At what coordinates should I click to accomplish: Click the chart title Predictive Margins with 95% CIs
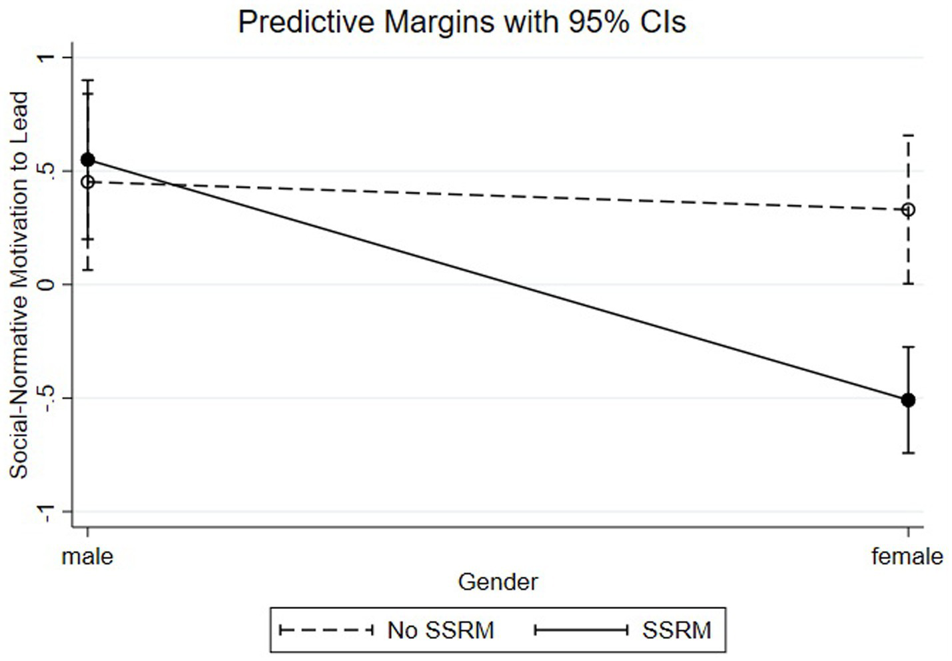pyautogui.click(x=462, y=21)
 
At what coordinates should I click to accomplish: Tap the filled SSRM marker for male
pyautogui.click(x=87, y=160)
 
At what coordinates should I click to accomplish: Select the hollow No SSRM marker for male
pyautogui.click(x=87, y=182)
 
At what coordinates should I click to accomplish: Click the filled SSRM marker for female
pyautogui.click(x=907, y=400)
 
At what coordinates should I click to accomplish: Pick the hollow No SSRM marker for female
pyautogui.click(x=907, y=210)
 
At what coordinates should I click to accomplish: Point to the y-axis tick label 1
pyautogui.click(x=45, y=58)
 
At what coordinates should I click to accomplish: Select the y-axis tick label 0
pyautogui.click(x=45, y=285)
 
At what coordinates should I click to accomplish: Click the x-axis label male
pyautogui.click(x=87, y=556)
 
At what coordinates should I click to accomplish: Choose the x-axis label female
pyautogui.click(x=907, y=556)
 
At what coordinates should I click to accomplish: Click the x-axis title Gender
pyautogui.click(x=498, y=582)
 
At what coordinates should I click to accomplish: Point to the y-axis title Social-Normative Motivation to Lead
pyautogui.click(x=19, y=285)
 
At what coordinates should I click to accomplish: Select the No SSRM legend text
pyautogui.click(x=440, y=630)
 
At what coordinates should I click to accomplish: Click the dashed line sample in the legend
pyautogui.click(x=326, y=630)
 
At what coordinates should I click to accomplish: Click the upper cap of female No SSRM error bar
pyautogui.click(x=907, y=135)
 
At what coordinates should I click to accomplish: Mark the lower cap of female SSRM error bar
pyautogui.click(x=907, y=453)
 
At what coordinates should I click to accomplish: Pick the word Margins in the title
pyautogui.click(x=438, y=21)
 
